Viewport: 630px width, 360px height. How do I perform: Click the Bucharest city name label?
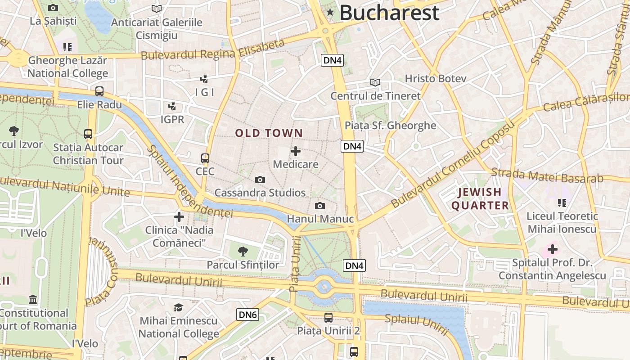pos(389,13)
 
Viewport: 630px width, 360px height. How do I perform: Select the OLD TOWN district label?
pos(269,133)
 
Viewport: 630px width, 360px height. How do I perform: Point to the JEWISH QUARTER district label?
pos(480,199)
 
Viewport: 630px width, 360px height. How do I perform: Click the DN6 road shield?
pos(247,315)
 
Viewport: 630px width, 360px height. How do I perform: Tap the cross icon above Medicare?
pos(296,151)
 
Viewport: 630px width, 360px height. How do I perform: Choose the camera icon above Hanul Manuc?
pos(320,206)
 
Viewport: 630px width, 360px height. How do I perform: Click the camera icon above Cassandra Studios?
pos(260,180)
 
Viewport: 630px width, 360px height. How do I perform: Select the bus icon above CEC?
pos(205,158)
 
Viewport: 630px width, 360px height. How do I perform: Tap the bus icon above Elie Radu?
pos(99,91)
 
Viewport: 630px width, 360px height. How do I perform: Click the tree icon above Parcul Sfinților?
pos(243,251)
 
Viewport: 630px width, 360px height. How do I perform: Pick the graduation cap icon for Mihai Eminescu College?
pos(179,307)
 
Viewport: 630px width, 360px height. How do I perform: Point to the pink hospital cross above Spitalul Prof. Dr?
pos(552,249)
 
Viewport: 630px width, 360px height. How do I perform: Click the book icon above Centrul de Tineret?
pos(375,82)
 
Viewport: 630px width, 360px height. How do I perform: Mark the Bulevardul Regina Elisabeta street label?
pos(213,50)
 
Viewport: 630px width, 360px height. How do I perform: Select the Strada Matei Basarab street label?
pos(547,175)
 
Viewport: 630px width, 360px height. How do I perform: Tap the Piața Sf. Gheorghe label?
pos(390,126)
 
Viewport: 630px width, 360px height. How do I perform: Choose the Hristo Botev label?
pos(435,78)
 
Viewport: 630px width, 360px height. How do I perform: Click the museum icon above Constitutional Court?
pos(33,299)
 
